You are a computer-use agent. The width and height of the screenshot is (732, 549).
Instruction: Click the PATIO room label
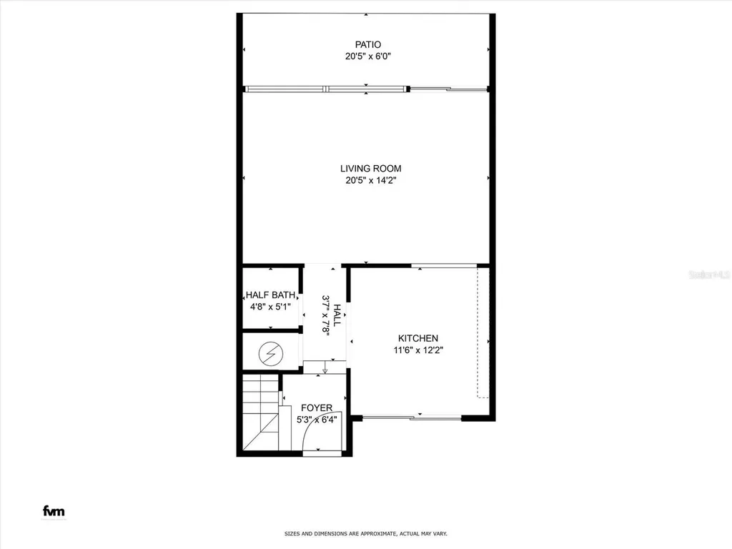click(367, 44)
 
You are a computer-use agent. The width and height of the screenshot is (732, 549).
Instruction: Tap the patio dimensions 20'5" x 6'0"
click(367, 56)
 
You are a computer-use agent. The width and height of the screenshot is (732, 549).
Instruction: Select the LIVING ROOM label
click(367, 169)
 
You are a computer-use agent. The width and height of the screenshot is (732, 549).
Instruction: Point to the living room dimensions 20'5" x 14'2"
click(367, 181)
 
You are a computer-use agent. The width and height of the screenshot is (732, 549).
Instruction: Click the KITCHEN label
click(418, 338)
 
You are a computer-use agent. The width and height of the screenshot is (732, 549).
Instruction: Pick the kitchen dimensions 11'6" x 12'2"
click(418, 350)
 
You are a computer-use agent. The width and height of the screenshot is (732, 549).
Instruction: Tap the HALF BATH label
click(271, 295)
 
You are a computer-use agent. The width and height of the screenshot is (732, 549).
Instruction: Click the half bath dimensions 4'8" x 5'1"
click(271, 307)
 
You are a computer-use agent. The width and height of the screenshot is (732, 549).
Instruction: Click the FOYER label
click(316, 407)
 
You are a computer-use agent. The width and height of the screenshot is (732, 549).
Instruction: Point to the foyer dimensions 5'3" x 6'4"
click(316, 420)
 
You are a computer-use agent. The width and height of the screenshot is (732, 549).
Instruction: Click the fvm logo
click(54, 511)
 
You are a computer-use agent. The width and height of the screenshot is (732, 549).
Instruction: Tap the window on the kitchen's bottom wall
click(435, 417)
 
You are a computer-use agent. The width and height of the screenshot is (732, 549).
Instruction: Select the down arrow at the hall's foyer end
click(325, 370)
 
